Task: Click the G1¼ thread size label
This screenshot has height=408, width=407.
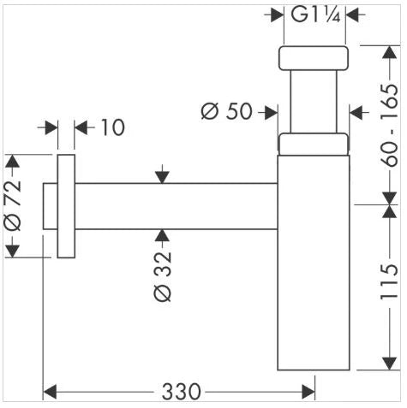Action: [x=315, y=15]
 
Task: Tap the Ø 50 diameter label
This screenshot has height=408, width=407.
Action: [x=227, y=111]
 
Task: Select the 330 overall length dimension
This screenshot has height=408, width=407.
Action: [x=181, y=392]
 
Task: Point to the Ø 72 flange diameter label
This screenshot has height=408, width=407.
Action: [x=13, y=205]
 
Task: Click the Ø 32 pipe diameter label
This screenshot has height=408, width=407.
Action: [x=163, y=276]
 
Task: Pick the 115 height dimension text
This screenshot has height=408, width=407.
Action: [x=389, y=282]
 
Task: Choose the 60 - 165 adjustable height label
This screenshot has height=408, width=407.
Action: [x=389, y=125]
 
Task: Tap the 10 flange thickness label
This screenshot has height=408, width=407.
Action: [x=113, y=127]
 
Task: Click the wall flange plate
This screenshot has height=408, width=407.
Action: [x=66, y=206]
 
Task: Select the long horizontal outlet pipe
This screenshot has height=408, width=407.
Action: [x=177, y=206]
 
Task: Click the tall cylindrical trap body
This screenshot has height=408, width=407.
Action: [x=314, y=263]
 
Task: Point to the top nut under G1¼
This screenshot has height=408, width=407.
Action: [x=314, y=58]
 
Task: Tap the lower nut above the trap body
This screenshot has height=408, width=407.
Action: [x=314, y=145]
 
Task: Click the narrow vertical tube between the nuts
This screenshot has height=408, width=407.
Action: [x=314, y=102]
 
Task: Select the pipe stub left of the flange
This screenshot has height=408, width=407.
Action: [x=51, y=206]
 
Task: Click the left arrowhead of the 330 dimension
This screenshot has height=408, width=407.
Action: [x=50, y=392]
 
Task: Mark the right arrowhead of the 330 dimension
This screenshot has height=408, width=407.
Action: [x=308, y=392]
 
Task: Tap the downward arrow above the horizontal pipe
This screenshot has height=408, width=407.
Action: [x=162, y=174]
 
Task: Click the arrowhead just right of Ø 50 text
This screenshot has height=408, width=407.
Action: [x=271, y=112]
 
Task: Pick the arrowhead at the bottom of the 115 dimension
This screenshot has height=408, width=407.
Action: [x=390, y=364]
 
